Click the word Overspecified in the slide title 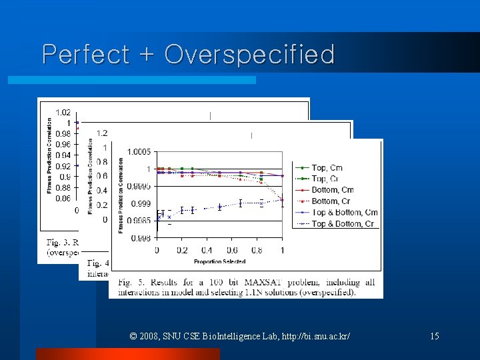249,55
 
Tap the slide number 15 434,336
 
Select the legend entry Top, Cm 327,167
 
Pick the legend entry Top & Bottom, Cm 344,213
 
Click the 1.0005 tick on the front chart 139,152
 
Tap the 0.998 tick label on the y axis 139,238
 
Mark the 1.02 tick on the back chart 63,112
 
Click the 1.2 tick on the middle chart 101,133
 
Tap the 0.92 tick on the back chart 63,166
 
